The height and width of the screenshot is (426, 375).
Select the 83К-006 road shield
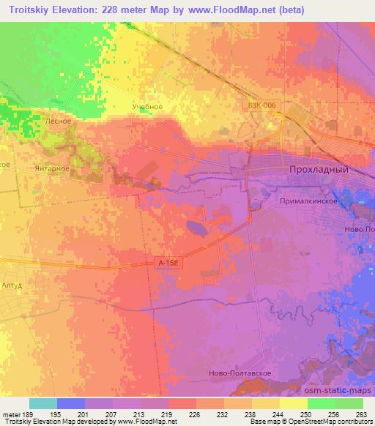click(x=261, y=105)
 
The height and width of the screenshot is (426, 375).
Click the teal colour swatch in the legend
click(x=43, y=403)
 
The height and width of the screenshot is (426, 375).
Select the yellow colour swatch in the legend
click(x=294, y=403)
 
